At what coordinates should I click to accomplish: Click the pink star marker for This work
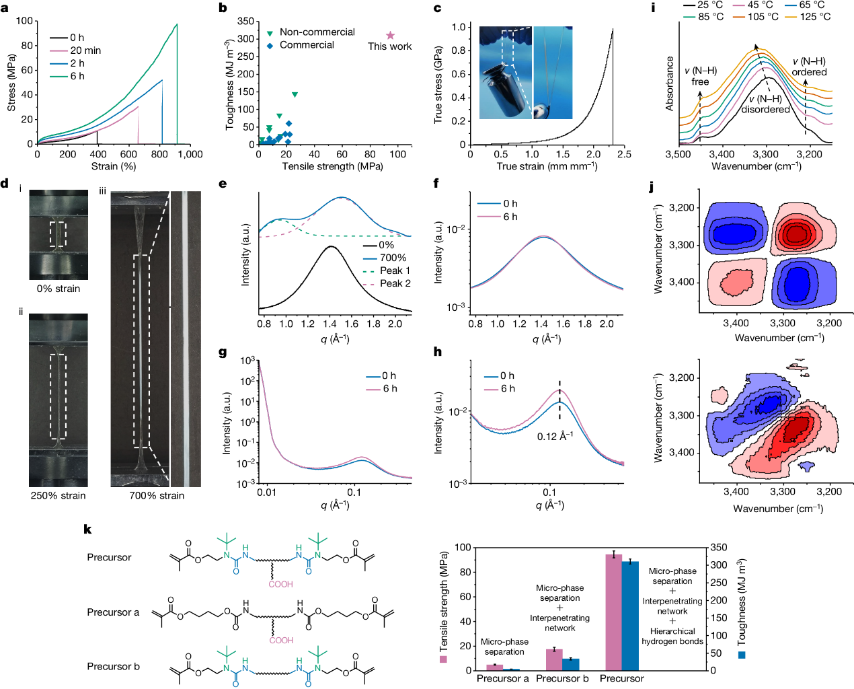[390, 35]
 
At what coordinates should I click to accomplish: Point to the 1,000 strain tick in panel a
[190, 154]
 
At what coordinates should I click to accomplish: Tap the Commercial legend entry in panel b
[307, 45]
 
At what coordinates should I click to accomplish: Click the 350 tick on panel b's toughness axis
[246, 22]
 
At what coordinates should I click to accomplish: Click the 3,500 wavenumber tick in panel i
[678, 154]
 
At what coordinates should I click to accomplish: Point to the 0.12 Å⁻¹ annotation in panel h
[555, 437]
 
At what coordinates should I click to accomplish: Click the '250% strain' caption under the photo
[59, 496]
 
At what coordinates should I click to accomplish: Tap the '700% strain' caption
[157, 496]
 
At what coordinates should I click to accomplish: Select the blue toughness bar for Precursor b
[571, 664]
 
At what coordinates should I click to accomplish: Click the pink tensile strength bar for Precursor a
[495, 667]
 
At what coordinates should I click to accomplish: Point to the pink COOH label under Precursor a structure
[281, 641]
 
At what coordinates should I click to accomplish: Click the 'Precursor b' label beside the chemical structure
[113, 667]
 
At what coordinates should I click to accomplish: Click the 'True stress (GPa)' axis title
[438, 84]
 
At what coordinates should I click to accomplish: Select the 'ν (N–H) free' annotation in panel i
[700, 76]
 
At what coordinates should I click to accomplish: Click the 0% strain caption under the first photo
[59, 289]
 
